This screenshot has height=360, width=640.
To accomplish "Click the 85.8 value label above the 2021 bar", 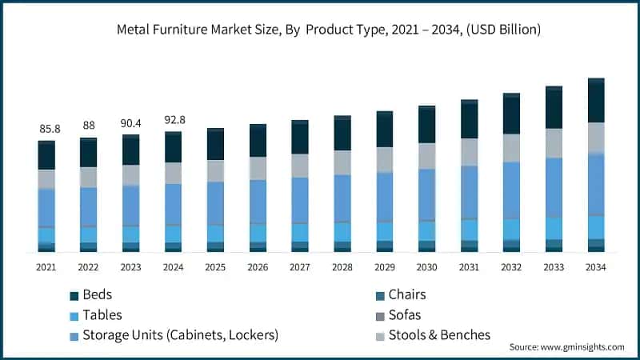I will pos(46,128).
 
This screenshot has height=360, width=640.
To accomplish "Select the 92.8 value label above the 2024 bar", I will pos(173,119).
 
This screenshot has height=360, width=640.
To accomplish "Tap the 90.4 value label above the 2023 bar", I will pos(130,123).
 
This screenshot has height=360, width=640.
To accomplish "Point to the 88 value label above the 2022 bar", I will pos(88,126).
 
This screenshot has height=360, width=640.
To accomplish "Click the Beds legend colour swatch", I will pos(74,296).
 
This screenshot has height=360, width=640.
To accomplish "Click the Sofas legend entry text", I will pos(403,315).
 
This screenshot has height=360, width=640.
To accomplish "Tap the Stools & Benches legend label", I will pos(438,334).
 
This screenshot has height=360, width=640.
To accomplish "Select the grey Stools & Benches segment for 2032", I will pos(511,148).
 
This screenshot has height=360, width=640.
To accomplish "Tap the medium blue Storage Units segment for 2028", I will pos(342,198).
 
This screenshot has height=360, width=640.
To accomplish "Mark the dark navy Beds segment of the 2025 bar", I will pos(215,145).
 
